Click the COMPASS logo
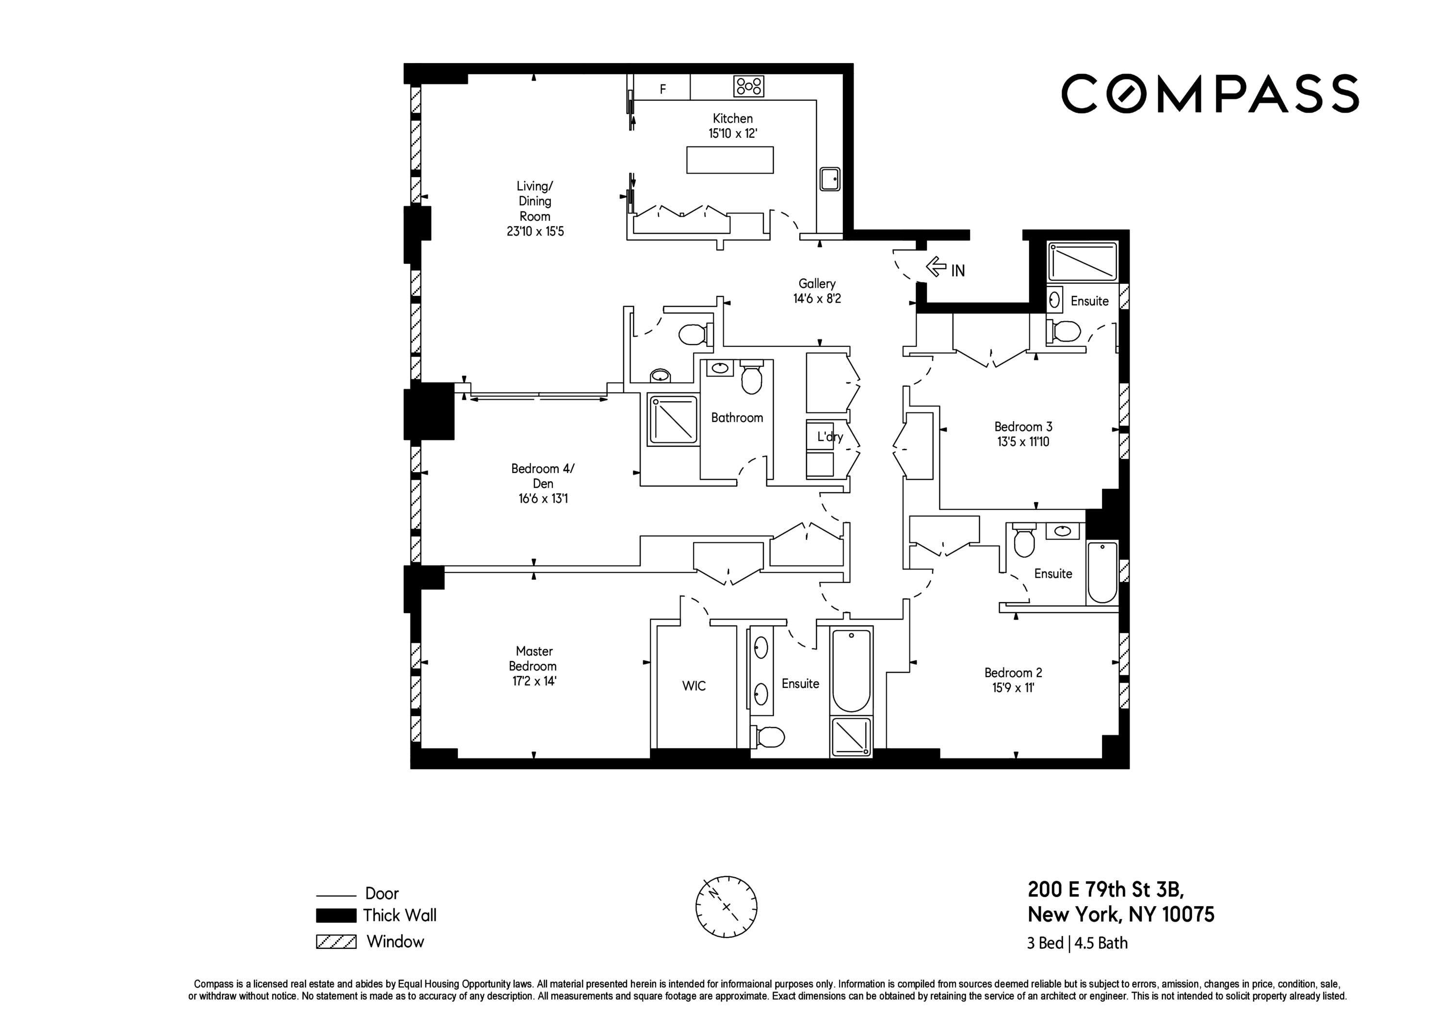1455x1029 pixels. [1209, 94]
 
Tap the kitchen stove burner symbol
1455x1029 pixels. [748, 86]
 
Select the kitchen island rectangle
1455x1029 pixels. [729, 160]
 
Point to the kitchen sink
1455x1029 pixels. [829, 179]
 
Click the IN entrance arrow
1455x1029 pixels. [937, 267]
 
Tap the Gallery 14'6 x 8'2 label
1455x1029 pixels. [816, 291]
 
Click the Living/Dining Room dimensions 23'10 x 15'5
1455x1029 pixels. [535, 231]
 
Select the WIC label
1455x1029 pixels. [694, 686]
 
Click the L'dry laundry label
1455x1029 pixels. [829, 436]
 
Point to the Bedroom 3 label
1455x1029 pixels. [1023, 427]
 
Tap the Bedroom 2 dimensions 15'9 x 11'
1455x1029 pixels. [1013, 688]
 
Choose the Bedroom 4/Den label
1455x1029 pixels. [542, 475]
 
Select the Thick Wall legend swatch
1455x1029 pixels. [336, 915]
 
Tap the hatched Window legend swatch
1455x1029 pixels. [336, 942]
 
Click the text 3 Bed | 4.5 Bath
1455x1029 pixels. [1077, 944]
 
